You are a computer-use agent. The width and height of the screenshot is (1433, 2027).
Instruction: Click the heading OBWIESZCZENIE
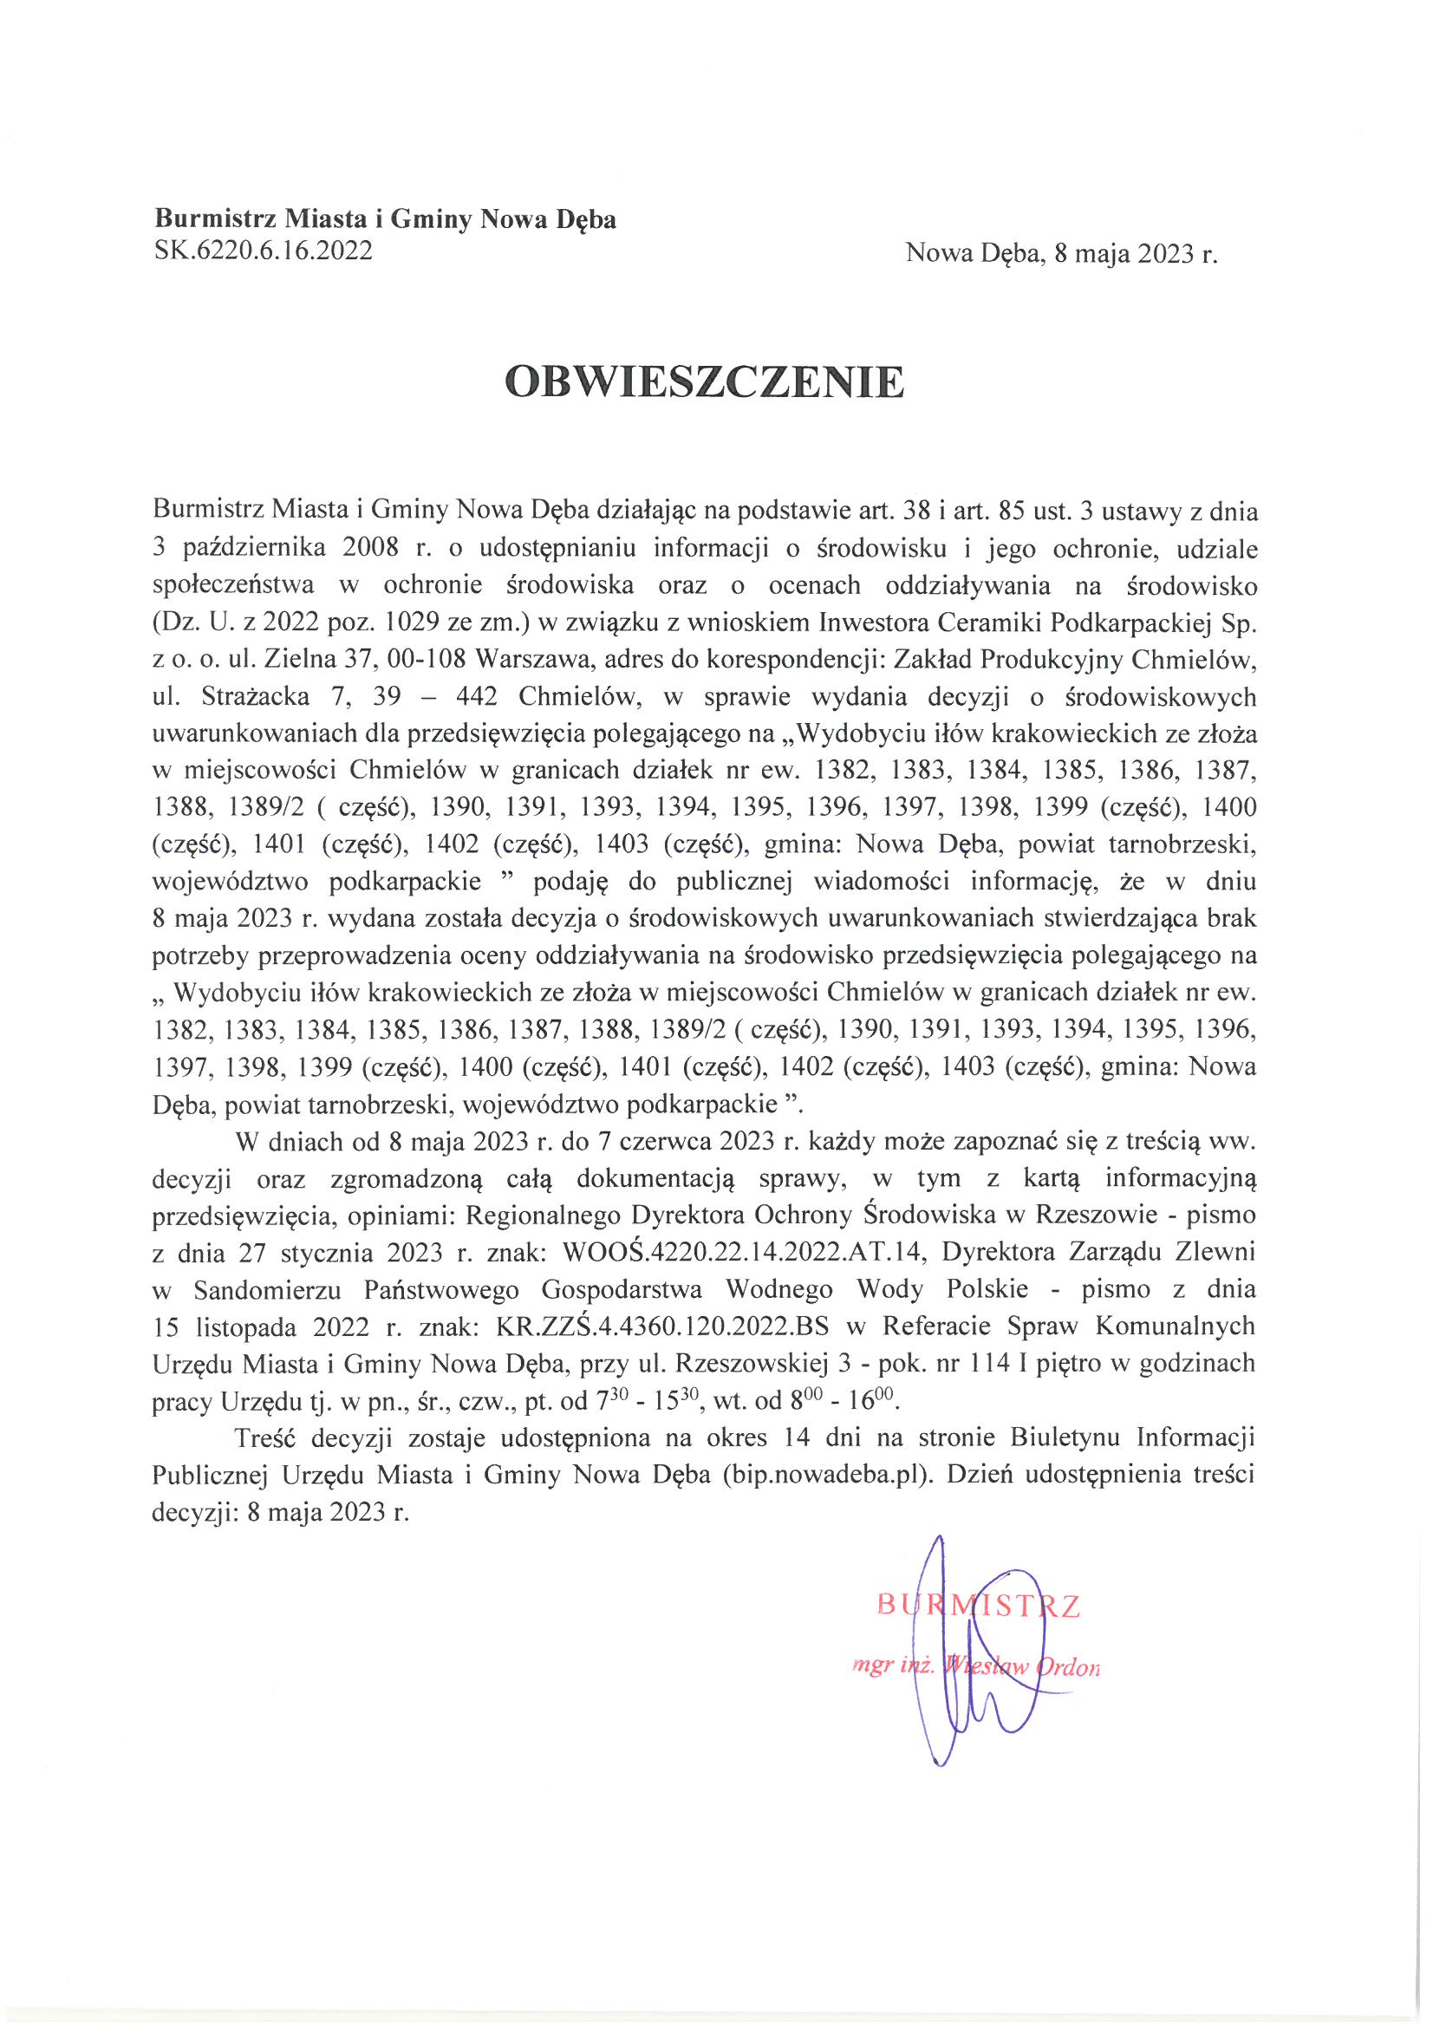704,382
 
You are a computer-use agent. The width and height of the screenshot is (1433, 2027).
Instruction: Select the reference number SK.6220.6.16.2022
264,251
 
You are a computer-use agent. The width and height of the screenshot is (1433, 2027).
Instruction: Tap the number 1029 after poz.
412,622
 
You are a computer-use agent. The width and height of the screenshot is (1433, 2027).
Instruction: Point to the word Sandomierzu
268,1290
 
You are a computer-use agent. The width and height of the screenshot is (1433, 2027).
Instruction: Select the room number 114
989,1364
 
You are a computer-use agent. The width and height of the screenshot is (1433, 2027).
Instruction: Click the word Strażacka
255,696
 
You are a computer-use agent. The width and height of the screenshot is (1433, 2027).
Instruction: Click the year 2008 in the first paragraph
372,548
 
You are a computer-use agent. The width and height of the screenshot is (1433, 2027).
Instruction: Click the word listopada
243,1326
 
